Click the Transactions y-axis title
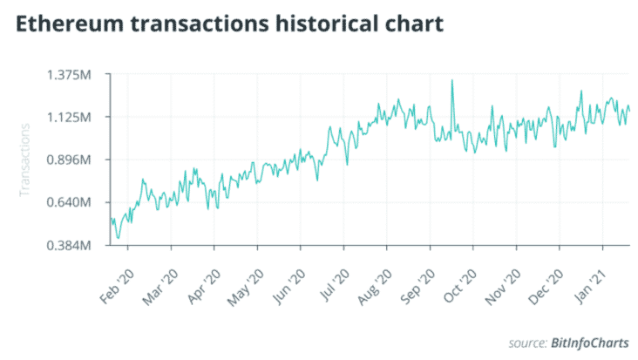25,160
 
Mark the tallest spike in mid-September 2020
452,81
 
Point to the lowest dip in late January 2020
118,237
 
